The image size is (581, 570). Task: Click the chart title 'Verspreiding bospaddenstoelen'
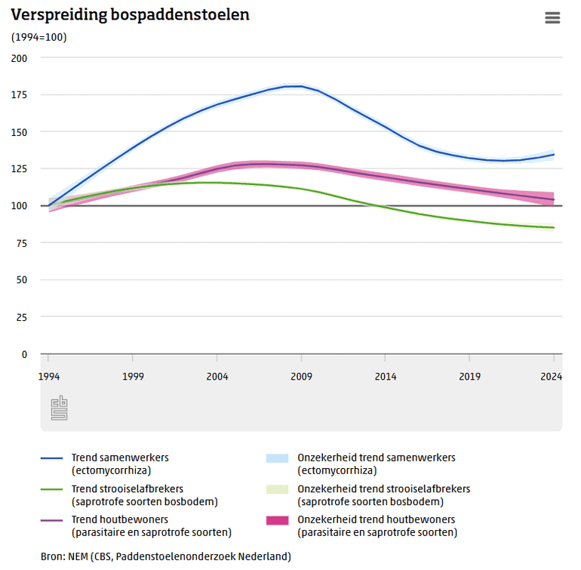tap(130, 15)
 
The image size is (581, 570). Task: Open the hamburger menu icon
tap(552, 18)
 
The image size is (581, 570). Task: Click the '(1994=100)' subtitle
tap(38, 37)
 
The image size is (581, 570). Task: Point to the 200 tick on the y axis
tap(19, 58)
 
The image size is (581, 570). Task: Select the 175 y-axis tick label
tap(19, 95)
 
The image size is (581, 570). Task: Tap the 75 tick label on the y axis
tap(21, 243)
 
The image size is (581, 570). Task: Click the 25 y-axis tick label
tap(21, 317)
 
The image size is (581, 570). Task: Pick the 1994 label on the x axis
tap(48, 376)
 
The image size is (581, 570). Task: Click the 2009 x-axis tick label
tap(301, 376)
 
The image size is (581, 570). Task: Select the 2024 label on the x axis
tap(553, 376)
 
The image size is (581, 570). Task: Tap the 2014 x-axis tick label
tap(386, 376)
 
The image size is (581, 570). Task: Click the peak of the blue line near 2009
tap(298, 86)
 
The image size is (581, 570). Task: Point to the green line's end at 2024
tap(553, 228)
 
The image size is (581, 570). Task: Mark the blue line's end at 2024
tap(553, 155)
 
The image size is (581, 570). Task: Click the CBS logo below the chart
tap(59, 408)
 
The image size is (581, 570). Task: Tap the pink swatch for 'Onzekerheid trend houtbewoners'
tap(277, 520)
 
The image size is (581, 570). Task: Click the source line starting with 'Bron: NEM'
tap(165, 556)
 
